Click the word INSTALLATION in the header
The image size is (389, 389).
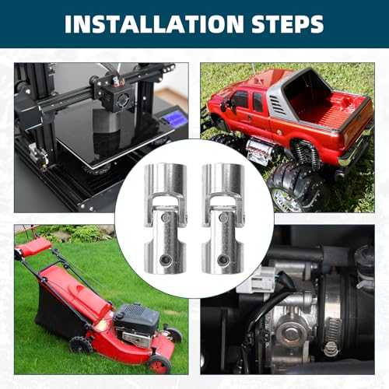click(154, 24)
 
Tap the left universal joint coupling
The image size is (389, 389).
click(166, 219)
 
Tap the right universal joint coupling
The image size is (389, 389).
click(223, 219)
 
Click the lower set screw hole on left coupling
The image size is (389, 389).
click(164, 260)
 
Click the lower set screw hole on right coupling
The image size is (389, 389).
click(222, 260)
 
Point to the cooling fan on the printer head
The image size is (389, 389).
click(124, 102)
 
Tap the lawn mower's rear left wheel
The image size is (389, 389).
click(81, 345)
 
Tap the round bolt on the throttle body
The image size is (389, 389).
click(292, 334)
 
